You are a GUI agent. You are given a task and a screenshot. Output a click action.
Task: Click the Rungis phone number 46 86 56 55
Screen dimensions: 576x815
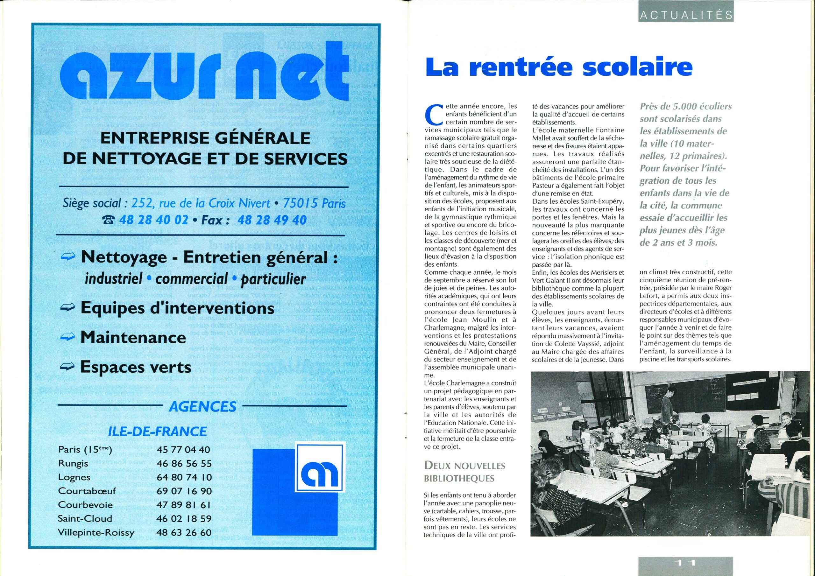pyautogui.click(x=184, y=463)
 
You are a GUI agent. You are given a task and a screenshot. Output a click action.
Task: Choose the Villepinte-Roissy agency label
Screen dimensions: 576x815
pyautogui.click(x=96, y=532)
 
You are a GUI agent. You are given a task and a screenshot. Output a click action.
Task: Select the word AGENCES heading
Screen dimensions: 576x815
pyautogui.click(x=203, y=406)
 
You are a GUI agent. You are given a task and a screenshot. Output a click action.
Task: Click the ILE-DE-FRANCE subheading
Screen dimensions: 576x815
pyautogui.click(x=157, y=431)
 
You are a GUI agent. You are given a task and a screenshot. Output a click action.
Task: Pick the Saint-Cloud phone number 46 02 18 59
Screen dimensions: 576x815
pyautogui.click(x=184, y=518)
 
